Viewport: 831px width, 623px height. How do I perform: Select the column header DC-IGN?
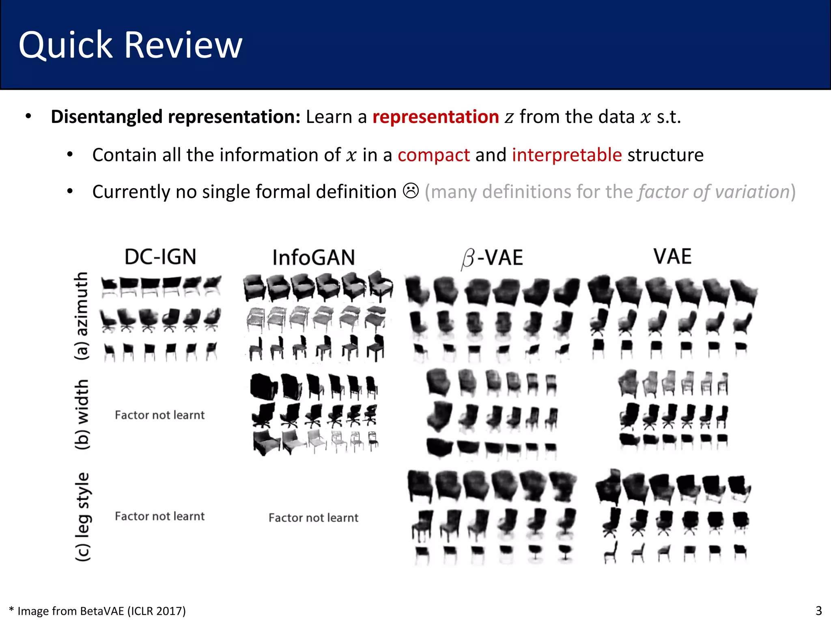(160, 257)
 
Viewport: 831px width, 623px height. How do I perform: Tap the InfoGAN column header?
(314, 258)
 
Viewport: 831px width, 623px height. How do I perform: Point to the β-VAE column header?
(492, 258)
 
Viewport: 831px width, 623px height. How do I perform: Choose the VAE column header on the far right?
(672, 256)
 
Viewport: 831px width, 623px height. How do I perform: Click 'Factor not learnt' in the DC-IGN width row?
(159, 415)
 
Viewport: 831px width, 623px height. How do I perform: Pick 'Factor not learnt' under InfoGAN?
(313, 518)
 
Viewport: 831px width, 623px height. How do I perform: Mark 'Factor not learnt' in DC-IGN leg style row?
(159, 516)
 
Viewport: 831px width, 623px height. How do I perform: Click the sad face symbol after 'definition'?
(411, 191)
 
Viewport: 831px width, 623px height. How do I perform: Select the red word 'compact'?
(433, 155)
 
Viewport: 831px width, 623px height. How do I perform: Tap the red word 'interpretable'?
(567, 155)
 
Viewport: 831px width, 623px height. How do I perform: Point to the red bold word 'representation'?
(435, 117)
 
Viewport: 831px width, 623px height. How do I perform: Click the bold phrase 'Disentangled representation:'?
(175, 117)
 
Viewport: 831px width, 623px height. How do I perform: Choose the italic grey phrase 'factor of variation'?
(713, 191)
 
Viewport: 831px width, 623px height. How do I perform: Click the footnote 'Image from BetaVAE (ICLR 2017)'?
(101, 610)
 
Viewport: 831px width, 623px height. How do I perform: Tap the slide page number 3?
(818, 610)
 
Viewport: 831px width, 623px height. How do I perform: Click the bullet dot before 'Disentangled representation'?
(28, 116)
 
